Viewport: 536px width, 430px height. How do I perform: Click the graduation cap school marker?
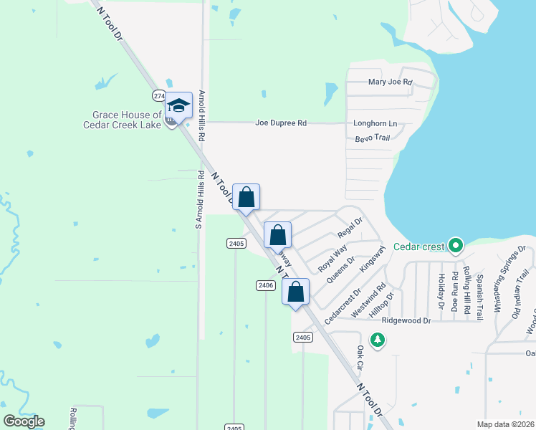(x=178, y=107)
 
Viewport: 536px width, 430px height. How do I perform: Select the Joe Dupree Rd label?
(x=281, y=123)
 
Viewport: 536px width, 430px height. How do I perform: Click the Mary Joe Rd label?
(x=391, y=82)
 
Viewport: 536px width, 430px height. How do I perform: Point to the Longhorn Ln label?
(x=375, y=123)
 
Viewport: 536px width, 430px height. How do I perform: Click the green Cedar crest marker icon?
(x=455, y=247)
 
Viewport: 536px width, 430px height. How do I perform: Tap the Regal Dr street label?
(x=350, y=227)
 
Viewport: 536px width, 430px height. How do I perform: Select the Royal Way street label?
(x=332, y=254)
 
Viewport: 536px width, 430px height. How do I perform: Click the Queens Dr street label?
(x=340, y=270)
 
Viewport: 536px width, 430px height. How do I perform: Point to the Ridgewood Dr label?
(x=406, y=321)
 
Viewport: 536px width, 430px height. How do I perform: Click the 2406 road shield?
(x=265, y=285)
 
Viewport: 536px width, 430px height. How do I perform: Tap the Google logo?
(x=24, y=421)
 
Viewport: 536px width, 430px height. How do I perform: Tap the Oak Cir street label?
(x=361, y=361)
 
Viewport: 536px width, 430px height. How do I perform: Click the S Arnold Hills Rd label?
(x=199, y=200)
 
